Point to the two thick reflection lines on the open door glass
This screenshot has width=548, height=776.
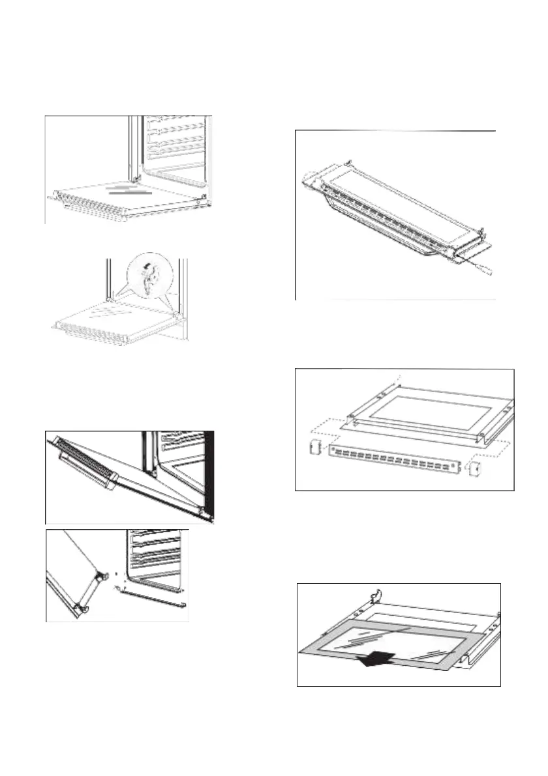(x=130, y=193)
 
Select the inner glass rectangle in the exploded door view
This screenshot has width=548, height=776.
(x=431, y=415)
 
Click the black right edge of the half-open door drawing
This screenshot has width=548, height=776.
(x=211, y=476)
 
